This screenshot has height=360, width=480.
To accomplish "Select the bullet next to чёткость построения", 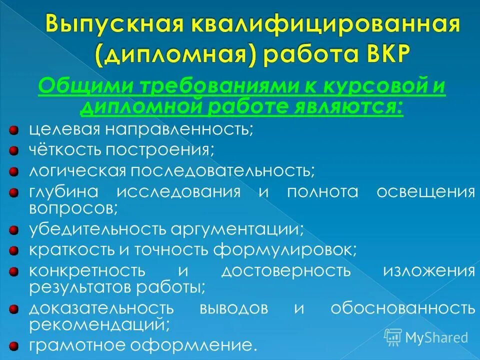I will (14, 149).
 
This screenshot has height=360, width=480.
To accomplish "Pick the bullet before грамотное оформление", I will (14, 345).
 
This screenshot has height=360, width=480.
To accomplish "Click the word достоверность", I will (286, 271).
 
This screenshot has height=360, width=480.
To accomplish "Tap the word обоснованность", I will (403, 308).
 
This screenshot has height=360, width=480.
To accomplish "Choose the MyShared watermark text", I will (436, 336).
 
